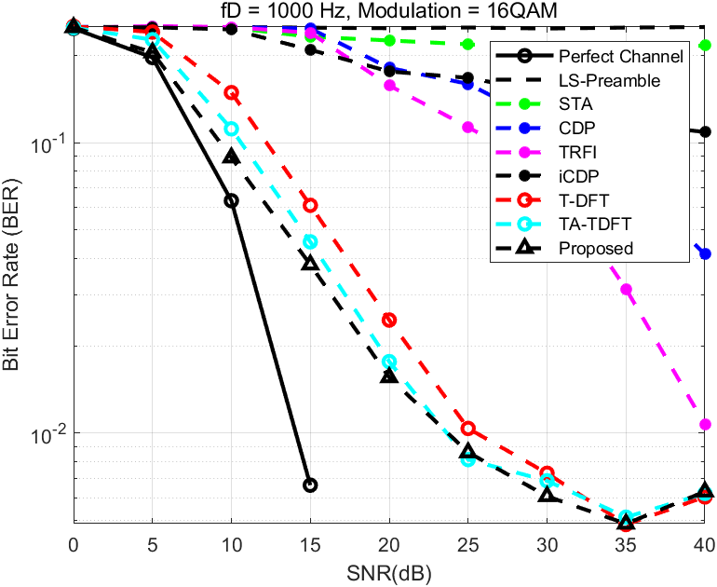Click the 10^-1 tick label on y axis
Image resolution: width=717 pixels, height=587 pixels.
(47, 143)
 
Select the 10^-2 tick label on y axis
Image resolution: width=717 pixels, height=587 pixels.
(47, 434)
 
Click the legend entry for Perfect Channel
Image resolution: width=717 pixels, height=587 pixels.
(621, 56)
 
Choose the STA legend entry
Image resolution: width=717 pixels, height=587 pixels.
(575, 104)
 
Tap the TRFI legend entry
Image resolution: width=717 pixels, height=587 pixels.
(577, 152)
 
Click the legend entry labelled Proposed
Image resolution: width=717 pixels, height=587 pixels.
(596, 248)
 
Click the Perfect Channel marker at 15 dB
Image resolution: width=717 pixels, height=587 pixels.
(310, 485)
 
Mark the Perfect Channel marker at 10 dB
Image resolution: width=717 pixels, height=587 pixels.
(231, 200)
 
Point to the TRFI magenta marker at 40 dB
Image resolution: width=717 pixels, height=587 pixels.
(705, 425)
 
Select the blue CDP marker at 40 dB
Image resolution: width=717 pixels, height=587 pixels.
(705, 253)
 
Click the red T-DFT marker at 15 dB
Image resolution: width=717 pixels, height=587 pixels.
(310, 205)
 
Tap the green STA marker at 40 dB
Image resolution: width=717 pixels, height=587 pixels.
(705, 45)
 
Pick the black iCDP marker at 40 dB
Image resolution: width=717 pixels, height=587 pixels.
(705, 131)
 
